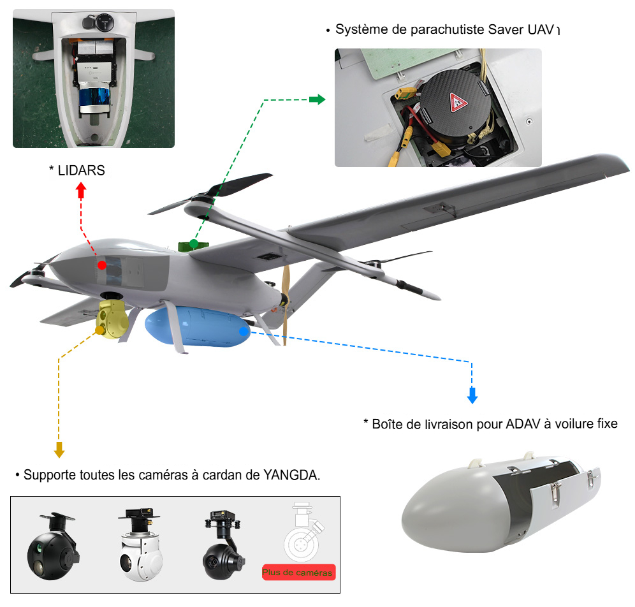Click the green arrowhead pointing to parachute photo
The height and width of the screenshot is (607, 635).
pyautogui.click(x=317, y=99)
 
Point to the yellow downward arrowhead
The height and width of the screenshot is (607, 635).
pyautogui.click(x=59, y=450)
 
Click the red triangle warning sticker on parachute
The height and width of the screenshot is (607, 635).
pyautogui.click(x=456, y=102)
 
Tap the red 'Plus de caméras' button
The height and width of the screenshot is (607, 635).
pyautogui.click(x=298, y=572)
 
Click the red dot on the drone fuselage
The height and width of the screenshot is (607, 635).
pyautogui.click(x=101, y=263)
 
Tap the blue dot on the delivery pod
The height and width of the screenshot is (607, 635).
pyautogui.click(x=243, y=330)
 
